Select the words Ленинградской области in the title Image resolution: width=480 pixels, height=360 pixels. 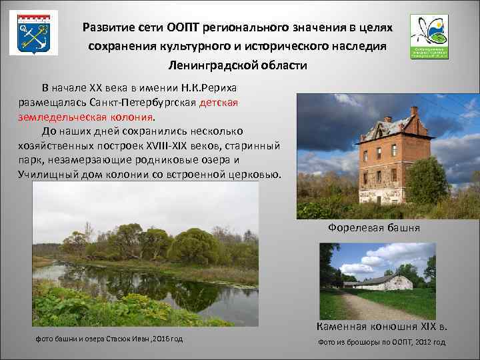coord(237,65)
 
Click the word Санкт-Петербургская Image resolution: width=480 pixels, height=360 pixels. coord(151,103)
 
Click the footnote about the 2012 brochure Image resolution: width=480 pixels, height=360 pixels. coord(382,342)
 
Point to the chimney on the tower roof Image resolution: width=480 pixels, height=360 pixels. coord(414,111)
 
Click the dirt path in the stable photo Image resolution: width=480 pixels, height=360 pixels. coord(373,307)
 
